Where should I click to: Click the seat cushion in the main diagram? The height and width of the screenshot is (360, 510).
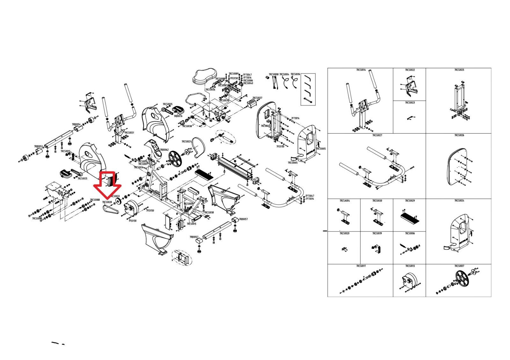(x=204, y=76)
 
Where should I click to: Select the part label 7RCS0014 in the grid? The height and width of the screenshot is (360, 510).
(x=361, y=69)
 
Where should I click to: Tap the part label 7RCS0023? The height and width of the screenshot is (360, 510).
(x=410, y=103)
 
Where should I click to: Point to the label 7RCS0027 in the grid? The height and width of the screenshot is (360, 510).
(x=377, y=135)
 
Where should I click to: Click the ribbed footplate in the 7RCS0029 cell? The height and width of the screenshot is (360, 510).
(x=410, y=218)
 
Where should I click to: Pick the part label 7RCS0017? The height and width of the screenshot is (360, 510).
(x=361, y=266)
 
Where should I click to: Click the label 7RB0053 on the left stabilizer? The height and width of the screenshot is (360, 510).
(x=38, y=147)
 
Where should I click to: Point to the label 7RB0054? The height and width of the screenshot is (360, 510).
(x=76, y=124)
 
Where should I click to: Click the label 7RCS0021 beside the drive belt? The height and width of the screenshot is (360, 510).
(x=186, y=141)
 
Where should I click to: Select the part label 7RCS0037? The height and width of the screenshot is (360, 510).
(x=257, y=98)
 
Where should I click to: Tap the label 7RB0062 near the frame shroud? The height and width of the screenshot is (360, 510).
(x=164, y=150)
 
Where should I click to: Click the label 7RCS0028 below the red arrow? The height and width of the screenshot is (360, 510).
(x=107, y=202)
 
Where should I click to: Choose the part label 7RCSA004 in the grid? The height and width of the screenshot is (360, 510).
(x=345, y=201)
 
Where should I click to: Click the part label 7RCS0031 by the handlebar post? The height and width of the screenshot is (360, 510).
(x=129, y=133)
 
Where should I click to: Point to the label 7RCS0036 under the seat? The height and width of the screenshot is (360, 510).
(x=210, y=90)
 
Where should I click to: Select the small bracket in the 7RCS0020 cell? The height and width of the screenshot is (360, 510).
(x=344, y=248)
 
